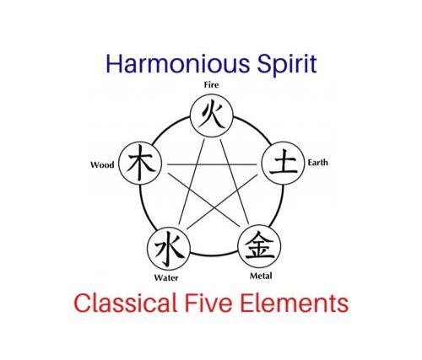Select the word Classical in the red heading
click(x=125, y=303)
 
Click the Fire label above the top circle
click(x=211, y=84)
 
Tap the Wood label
click(x=102, y=164)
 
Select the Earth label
click(x=317, y=163)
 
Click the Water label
click(x=166, y=278)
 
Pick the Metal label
click(x=261, y=276)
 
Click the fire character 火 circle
click(x=212, y=116)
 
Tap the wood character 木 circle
click(x=140, y=163)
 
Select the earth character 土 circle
click(x=283, y=163)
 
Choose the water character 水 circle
click(x=169, y=249)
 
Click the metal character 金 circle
click(x=259, y=246)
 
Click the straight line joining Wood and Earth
click(x=212, y=164)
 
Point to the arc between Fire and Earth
click(x=255, y=126)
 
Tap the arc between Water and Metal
click(x=214, y=255)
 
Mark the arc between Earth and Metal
click(x=279, y=206)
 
